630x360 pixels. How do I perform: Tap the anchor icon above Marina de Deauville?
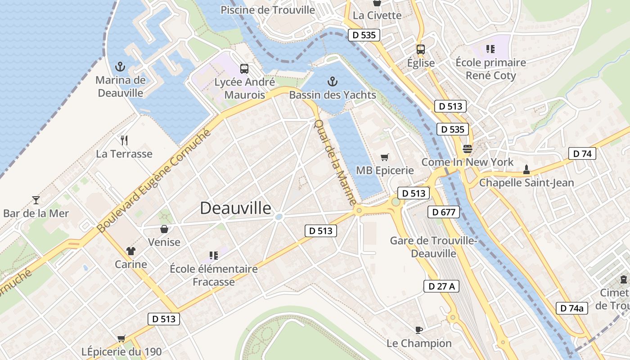120,67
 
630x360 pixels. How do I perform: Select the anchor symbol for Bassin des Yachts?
332,81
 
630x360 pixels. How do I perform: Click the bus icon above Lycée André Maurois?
244,69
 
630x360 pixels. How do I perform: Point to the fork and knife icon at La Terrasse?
124,140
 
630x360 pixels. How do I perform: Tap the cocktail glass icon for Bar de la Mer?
36,200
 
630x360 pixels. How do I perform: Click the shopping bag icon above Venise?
164,229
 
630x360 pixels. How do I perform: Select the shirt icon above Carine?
131,251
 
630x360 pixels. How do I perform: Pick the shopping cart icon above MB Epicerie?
384,157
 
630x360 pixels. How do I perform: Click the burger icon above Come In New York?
467,149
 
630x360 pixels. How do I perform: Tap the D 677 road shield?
444,212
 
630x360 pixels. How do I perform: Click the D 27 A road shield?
441,286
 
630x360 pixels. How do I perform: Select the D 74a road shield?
572,308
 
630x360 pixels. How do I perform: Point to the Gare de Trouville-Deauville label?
434,247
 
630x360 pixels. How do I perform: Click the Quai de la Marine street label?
335,162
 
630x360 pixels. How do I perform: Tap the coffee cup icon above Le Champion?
419,330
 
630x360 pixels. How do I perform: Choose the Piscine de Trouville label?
268,10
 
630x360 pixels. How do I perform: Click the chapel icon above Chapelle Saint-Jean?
526,170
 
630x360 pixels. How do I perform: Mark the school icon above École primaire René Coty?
490,49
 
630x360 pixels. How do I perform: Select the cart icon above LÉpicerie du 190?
121,338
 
